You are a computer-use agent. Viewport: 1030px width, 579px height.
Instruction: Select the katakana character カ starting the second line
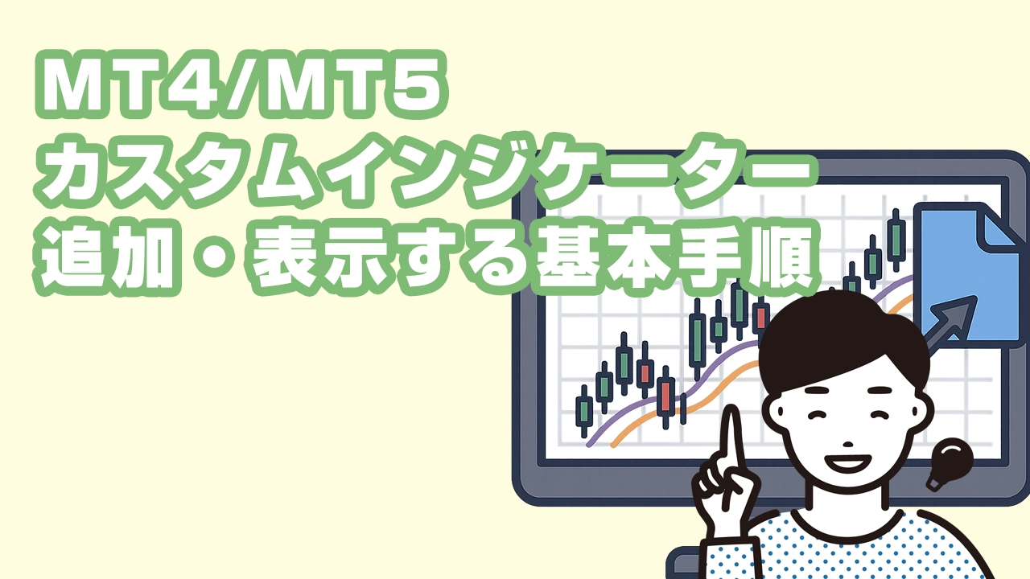(x=73, y=171)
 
